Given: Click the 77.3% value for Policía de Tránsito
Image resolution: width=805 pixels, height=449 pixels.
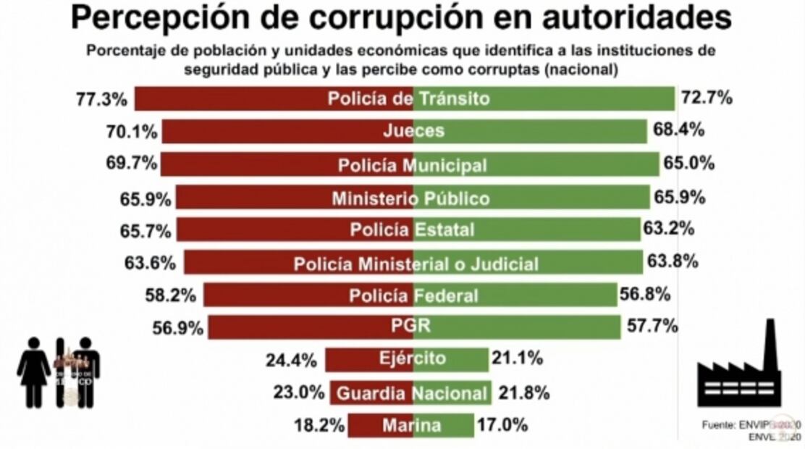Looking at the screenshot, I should coord(101,98).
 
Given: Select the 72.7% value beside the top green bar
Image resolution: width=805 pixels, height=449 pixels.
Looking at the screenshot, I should coord(706,98).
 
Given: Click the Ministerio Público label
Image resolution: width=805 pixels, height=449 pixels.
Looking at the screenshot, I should coord(410,198).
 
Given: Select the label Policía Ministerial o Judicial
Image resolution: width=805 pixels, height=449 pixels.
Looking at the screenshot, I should coord(416,264).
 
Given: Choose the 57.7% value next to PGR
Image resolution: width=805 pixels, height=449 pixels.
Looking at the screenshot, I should coord(652,327).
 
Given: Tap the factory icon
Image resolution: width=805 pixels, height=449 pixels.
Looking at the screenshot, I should coord(739,369).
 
